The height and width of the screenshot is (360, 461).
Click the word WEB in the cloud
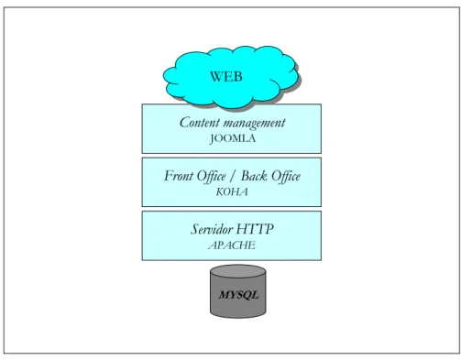(x=226, y=76)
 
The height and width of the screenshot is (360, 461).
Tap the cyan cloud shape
(x=231, y=77)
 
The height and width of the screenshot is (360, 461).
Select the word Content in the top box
(x=200, y=123)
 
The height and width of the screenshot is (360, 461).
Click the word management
(x=254, y=124)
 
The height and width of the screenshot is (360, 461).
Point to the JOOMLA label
(x=233, y=138)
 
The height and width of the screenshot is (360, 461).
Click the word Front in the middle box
(x=179, y=176)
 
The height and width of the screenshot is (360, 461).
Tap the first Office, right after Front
(x=212, y=177)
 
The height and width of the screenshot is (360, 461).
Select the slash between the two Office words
(x=234, y=177)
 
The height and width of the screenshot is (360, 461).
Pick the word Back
(x=254, y=176)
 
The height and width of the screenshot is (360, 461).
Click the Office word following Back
(x=286, y=177)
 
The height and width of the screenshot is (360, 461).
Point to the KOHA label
(x=232, y=192)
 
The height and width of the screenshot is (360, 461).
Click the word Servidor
(x=212, y=229)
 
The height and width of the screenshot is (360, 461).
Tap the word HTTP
(x=255, y=229)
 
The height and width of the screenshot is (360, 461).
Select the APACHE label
(x=232, y=245)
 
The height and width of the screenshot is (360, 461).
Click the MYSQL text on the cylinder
(x=238, y=295)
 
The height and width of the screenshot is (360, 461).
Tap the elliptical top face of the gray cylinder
(x=238, y=271)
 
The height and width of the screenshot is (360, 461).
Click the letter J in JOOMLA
(x=213, y=139)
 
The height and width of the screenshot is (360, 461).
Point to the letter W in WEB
(x=217, y=76)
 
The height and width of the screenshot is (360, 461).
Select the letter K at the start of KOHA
(x=220, y=192)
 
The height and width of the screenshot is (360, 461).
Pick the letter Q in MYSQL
(x=246, y=295)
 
